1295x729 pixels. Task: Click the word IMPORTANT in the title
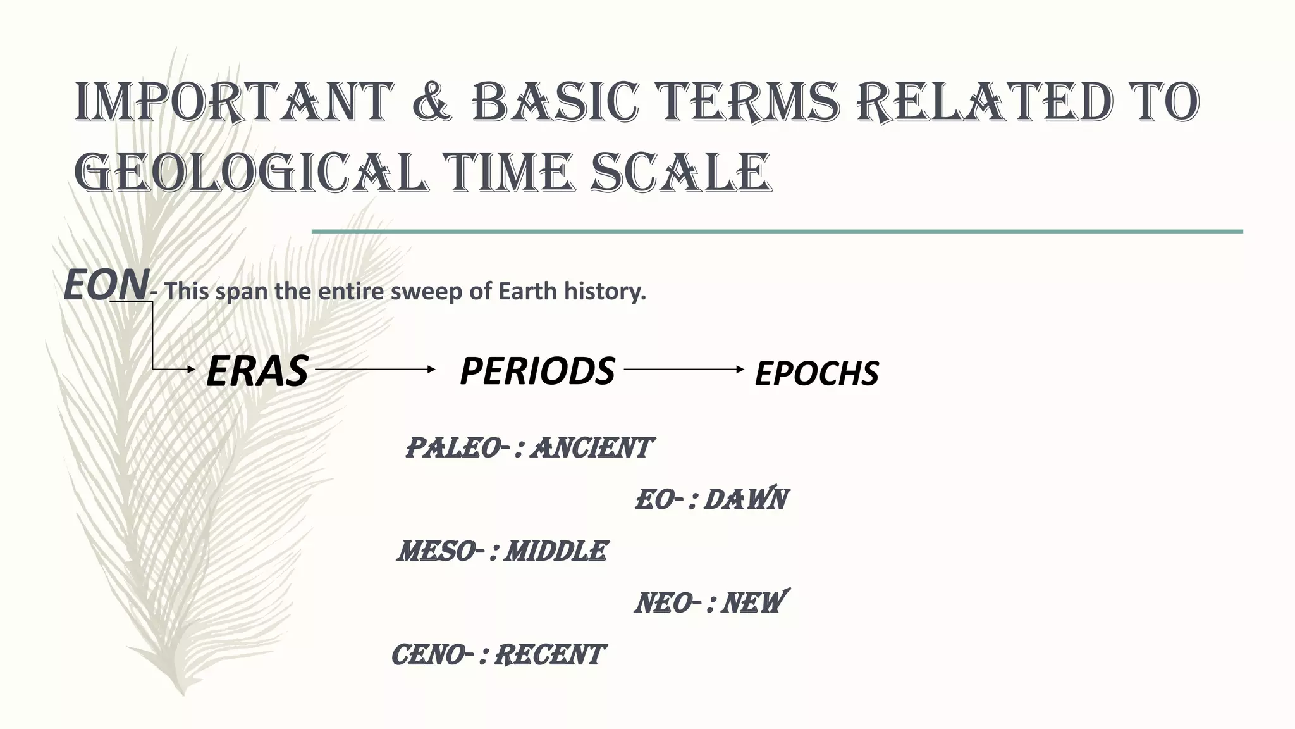[231, 102]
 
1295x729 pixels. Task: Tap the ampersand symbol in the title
[432, 102]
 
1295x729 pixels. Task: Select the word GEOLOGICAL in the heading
[250, 172]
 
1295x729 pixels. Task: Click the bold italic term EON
[106, 285]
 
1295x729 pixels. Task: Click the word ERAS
[257, 371]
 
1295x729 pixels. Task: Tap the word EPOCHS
[816, 373]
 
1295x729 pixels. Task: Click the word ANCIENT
[591, 448]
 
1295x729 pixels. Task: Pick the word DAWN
[746, 499]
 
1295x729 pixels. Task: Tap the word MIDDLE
[556, 551]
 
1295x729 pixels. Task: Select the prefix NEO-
[668, 603]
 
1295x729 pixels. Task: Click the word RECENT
[549, 655]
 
